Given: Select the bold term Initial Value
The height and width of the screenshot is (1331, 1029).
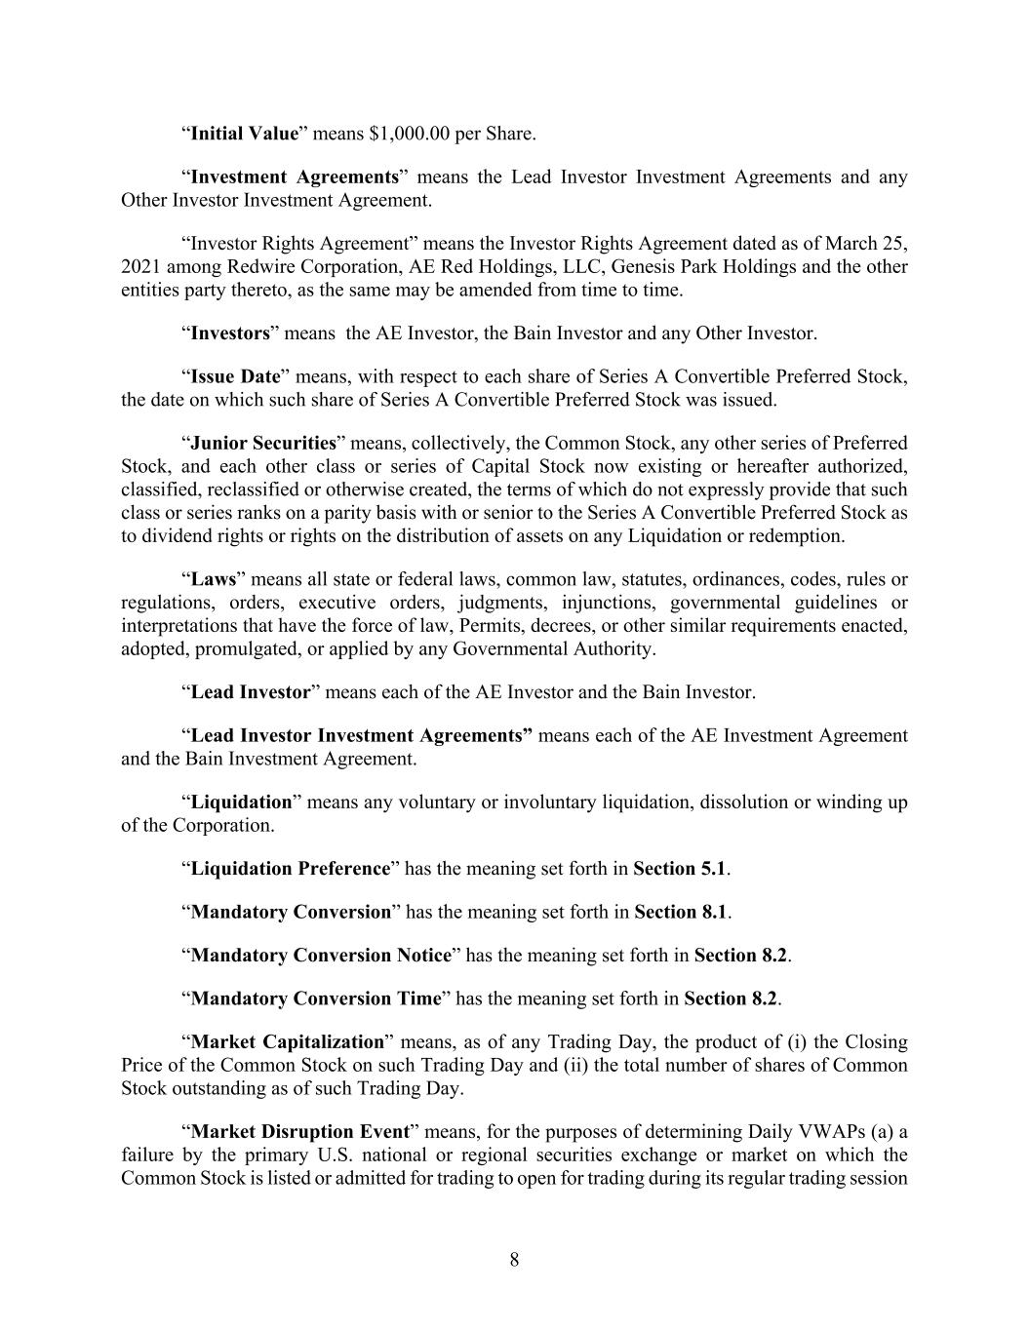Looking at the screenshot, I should pos(244,134).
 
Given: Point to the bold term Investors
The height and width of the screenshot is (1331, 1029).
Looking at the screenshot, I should pos(230,333).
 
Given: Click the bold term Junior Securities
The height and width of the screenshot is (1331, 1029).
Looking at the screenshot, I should pos(263,443).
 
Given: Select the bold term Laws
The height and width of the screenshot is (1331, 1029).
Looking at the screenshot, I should pos(214,579).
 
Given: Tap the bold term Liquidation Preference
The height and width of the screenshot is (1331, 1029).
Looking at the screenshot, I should pos(291,869).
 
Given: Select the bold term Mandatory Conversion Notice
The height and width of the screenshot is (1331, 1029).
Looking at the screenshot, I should pos(321,956).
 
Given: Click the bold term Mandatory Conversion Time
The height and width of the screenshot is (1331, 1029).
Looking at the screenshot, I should pos(316,998).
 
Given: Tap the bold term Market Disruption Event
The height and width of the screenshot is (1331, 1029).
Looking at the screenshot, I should pos(299,1132).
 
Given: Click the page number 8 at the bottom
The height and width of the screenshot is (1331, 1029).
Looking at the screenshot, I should pos(514,1260).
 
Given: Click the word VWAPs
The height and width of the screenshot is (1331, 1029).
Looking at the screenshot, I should pos(847,1132).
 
